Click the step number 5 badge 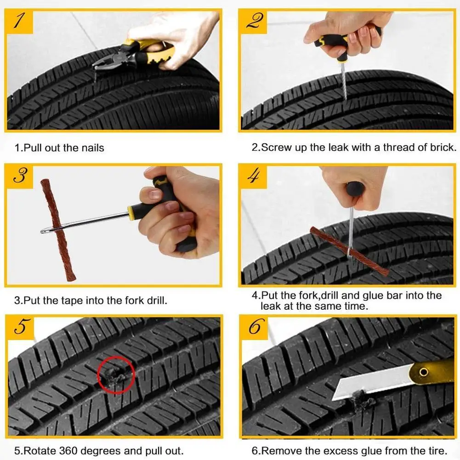[x=20, y=328]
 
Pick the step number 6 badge [x=254, y=328]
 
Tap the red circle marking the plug [x=116, y=375]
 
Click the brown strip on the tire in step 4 [x=349, y=250]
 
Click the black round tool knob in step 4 [x=355, y=188]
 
